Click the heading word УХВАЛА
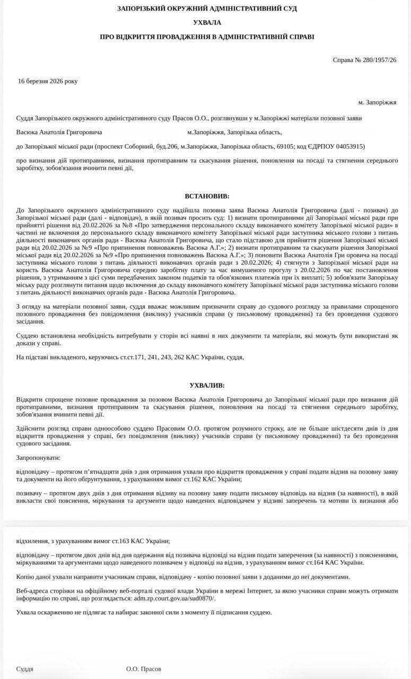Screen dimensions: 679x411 207,23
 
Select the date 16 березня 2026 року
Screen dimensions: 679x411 48,81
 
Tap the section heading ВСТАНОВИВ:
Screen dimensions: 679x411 207,196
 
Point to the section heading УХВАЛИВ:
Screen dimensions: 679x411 207,385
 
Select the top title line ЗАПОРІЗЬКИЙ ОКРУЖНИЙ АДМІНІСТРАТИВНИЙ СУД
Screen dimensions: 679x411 207,8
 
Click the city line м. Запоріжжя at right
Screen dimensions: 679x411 377,102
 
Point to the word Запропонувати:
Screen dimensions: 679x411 38,457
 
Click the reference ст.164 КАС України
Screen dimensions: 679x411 337,562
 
